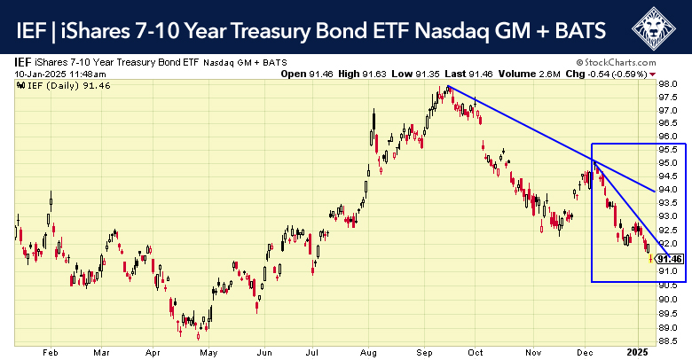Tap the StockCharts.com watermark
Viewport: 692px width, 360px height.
point(632,63)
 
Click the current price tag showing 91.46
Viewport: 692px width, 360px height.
point(671,259)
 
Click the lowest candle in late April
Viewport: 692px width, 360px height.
point(199,334)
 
